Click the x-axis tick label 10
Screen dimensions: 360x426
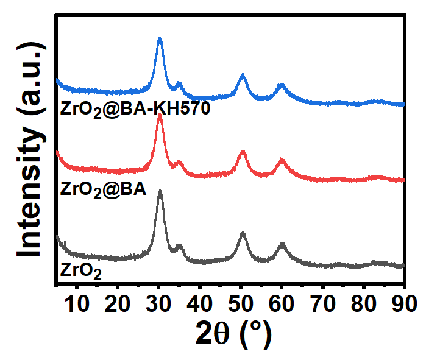click(77, 302)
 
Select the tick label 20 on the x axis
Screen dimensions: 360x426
click(118, 302)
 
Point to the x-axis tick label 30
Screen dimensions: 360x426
click(159, 302)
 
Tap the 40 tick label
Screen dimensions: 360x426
click(200, 302)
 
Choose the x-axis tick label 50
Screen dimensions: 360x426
click(241, 302)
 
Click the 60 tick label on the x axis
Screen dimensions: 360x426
click(282, 302)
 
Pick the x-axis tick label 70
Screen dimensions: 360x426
click(323, 302)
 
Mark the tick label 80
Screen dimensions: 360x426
click(364, 302)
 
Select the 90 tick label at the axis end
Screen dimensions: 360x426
click(402, 302)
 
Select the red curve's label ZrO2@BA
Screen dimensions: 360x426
click(103, 189)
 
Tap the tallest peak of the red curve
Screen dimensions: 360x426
click(160, 116)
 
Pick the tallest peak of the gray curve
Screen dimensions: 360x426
click(160, 192)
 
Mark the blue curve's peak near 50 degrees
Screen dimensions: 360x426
click(243, 75)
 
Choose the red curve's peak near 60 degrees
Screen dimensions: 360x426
click(282, 160)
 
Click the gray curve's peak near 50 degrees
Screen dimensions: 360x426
click(243, 233)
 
